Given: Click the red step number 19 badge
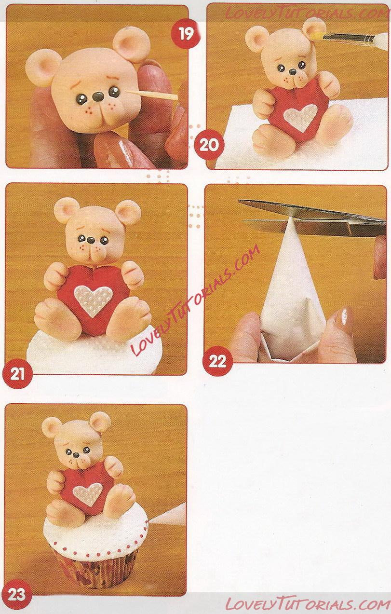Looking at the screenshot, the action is tap(186, 34).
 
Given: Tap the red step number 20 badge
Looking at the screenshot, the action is tap(209, 144).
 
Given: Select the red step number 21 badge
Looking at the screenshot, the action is tap(17, 374).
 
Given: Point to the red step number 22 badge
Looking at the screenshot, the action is tap(217, 361).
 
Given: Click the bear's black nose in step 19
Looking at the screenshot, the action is tap(98, 96).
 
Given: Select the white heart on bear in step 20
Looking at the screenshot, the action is tap(300, 117).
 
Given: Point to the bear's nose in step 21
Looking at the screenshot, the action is tap(91, 240).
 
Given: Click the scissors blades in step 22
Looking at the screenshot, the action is tap(312, 218).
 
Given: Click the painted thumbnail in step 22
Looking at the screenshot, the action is tap(346, 321).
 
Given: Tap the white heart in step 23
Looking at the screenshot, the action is tap(88, 493).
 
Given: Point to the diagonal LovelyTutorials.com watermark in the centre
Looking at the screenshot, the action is tap(195, 300).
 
